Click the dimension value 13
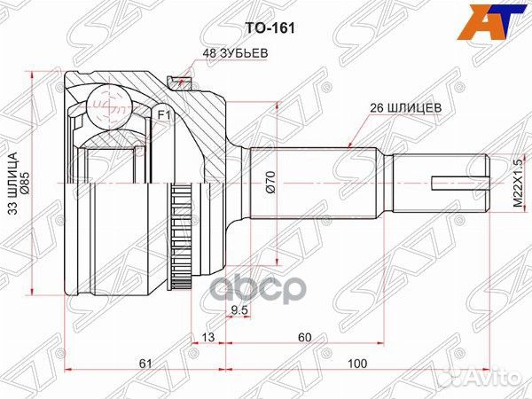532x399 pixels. coord(207,337)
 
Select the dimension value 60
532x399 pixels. coord(305,337)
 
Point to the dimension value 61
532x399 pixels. coord(145,363)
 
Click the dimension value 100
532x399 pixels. coord(356,363)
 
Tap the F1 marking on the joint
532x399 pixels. coord(164,115)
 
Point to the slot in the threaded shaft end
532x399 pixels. coord(457,185)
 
